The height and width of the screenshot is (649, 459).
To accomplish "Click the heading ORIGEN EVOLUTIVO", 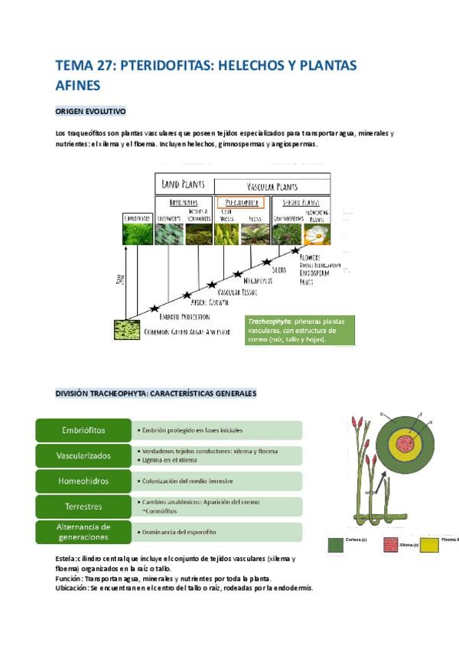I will coord(91,112).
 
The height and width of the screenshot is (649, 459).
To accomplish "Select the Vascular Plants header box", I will coord(272,185).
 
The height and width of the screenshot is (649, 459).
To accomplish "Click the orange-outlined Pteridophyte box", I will coord(240,203).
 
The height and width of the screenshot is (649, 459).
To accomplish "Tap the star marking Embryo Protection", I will coord(155,309).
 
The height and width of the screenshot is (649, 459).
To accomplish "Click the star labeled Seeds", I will coord(268,262).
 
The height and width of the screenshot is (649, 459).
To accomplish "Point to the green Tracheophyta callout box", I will coord(300,330).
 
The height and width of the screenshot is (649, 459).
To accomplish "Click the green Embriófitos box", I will coord(83,430).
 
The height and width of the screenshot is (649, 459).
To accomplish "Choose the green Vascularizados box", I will coord(83,455).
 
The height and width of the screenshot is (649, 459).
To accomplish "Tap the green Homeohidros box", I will coord(83,481).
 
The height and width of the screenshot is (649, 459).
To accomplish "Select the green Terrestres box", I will coord(83,506).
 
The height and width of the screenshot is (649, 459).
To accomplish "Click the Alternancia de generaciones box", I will coord(83,531).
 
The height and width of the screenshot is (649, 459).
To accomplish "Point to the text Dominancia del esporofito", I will coord(181,531).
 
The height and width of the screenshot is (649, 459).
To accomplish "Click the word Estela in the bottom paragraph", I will coord(67,559).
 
